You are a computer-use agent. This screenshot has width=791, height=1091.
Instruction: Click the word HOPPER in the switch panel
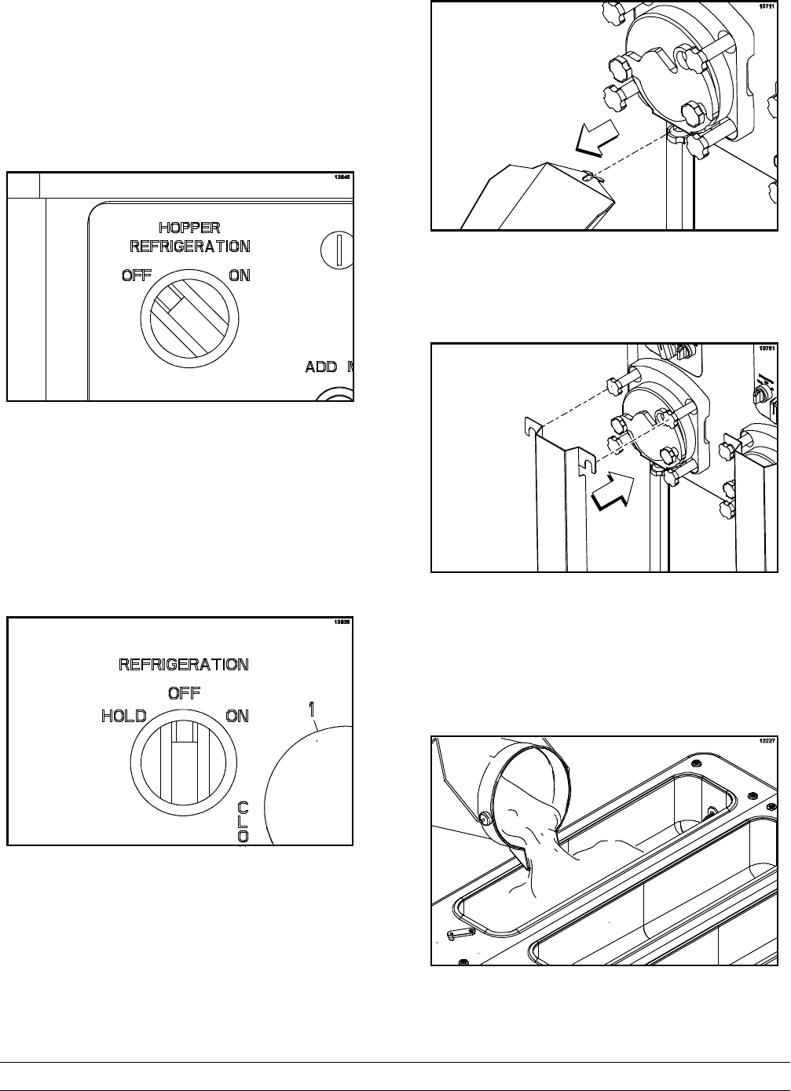[189, 228]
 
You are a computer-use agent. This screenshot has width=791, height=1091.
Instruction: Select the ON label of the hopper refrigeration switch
[240, 275]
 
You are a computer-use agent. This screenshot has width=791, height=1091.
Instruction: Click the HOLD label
[124, 715]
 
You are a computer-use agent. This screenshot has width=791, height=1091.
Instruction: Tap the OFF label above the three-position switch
[184, 692]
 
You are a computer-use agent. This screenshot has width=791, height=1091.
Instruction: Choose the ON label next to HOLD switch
[237, 715]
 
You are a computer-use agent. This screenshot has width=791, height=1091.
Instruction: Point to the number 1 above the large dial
[313, 708]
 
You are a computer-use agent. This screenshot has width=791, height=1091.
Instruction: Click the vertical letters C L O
[244, 820]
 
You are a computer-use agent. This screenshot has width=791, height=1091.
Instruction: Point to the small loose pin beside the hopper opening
[456, 933]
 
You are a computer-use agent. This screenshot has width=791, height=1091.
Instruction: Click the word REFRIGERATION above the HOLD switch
[184, 665]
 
